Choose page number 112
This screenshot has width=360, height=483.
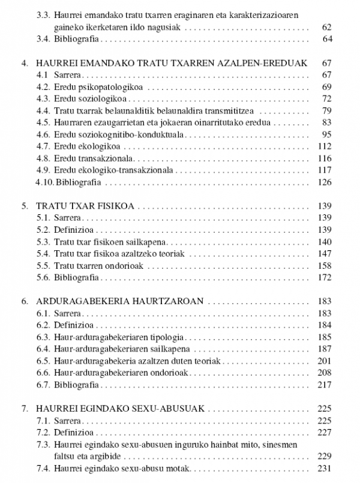pyautogui.click(x=325, y=146)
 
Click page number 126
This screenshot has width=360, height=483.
pyautogui.click(x=325, y=182)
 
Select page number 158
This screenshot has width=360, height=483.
pyautogui.click(x=325, y=265)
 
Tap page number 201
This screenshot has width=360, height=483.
pyautogui.click(x=325, y=361)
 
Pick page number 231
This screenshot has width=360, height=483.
pyautogui.click(x=325, y=468)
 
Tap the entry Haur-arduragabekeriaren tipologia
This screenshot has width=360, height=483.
pyautogui.click(x=116, y=337)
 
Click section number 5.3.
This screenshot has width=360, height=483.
pyautogui.click(x=43, y=241)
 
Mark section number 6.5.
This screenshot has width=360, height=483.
pyautogui.click(x=43, y=361)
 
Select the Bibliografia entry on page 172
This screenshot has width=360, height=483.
pyautogui.click(x=76, y=277)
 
